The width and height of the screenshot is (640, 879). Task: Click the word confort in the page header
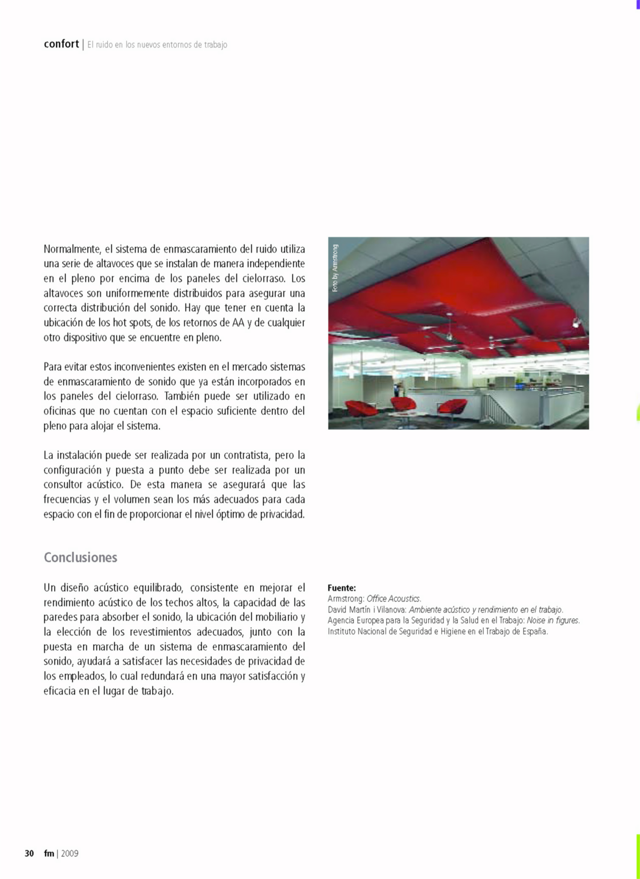[x=61, y=44]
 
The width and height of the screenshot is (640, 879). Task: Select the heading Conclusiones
[x=81, y=557]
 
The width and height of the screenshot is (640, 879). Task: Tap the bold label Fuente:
[x=341, y=588]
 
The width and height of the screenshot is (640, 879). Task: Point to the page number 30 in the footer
[x=29, y=853]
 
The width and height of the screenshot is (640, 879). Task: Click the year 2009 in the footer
[x=70, y=853]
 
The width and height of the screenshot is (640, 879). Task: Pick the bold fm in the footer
[x=49, y=853]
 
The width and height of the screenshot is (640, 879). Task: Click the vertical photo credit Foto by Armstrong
[x=335, y=268]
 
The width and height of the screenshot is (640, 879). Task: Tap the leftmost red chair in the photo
[x=362, y=408]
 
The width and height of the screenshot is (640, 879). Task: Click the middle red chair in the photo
[x=403, y=404]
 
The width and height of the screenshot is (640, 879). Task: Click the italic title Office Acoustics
[x=394, y=599]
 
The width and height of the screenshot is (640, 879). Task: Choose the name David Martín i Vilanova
[x=367, y=610]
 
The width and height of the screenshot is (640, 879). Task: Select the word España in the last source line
[x=535, y=631]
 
